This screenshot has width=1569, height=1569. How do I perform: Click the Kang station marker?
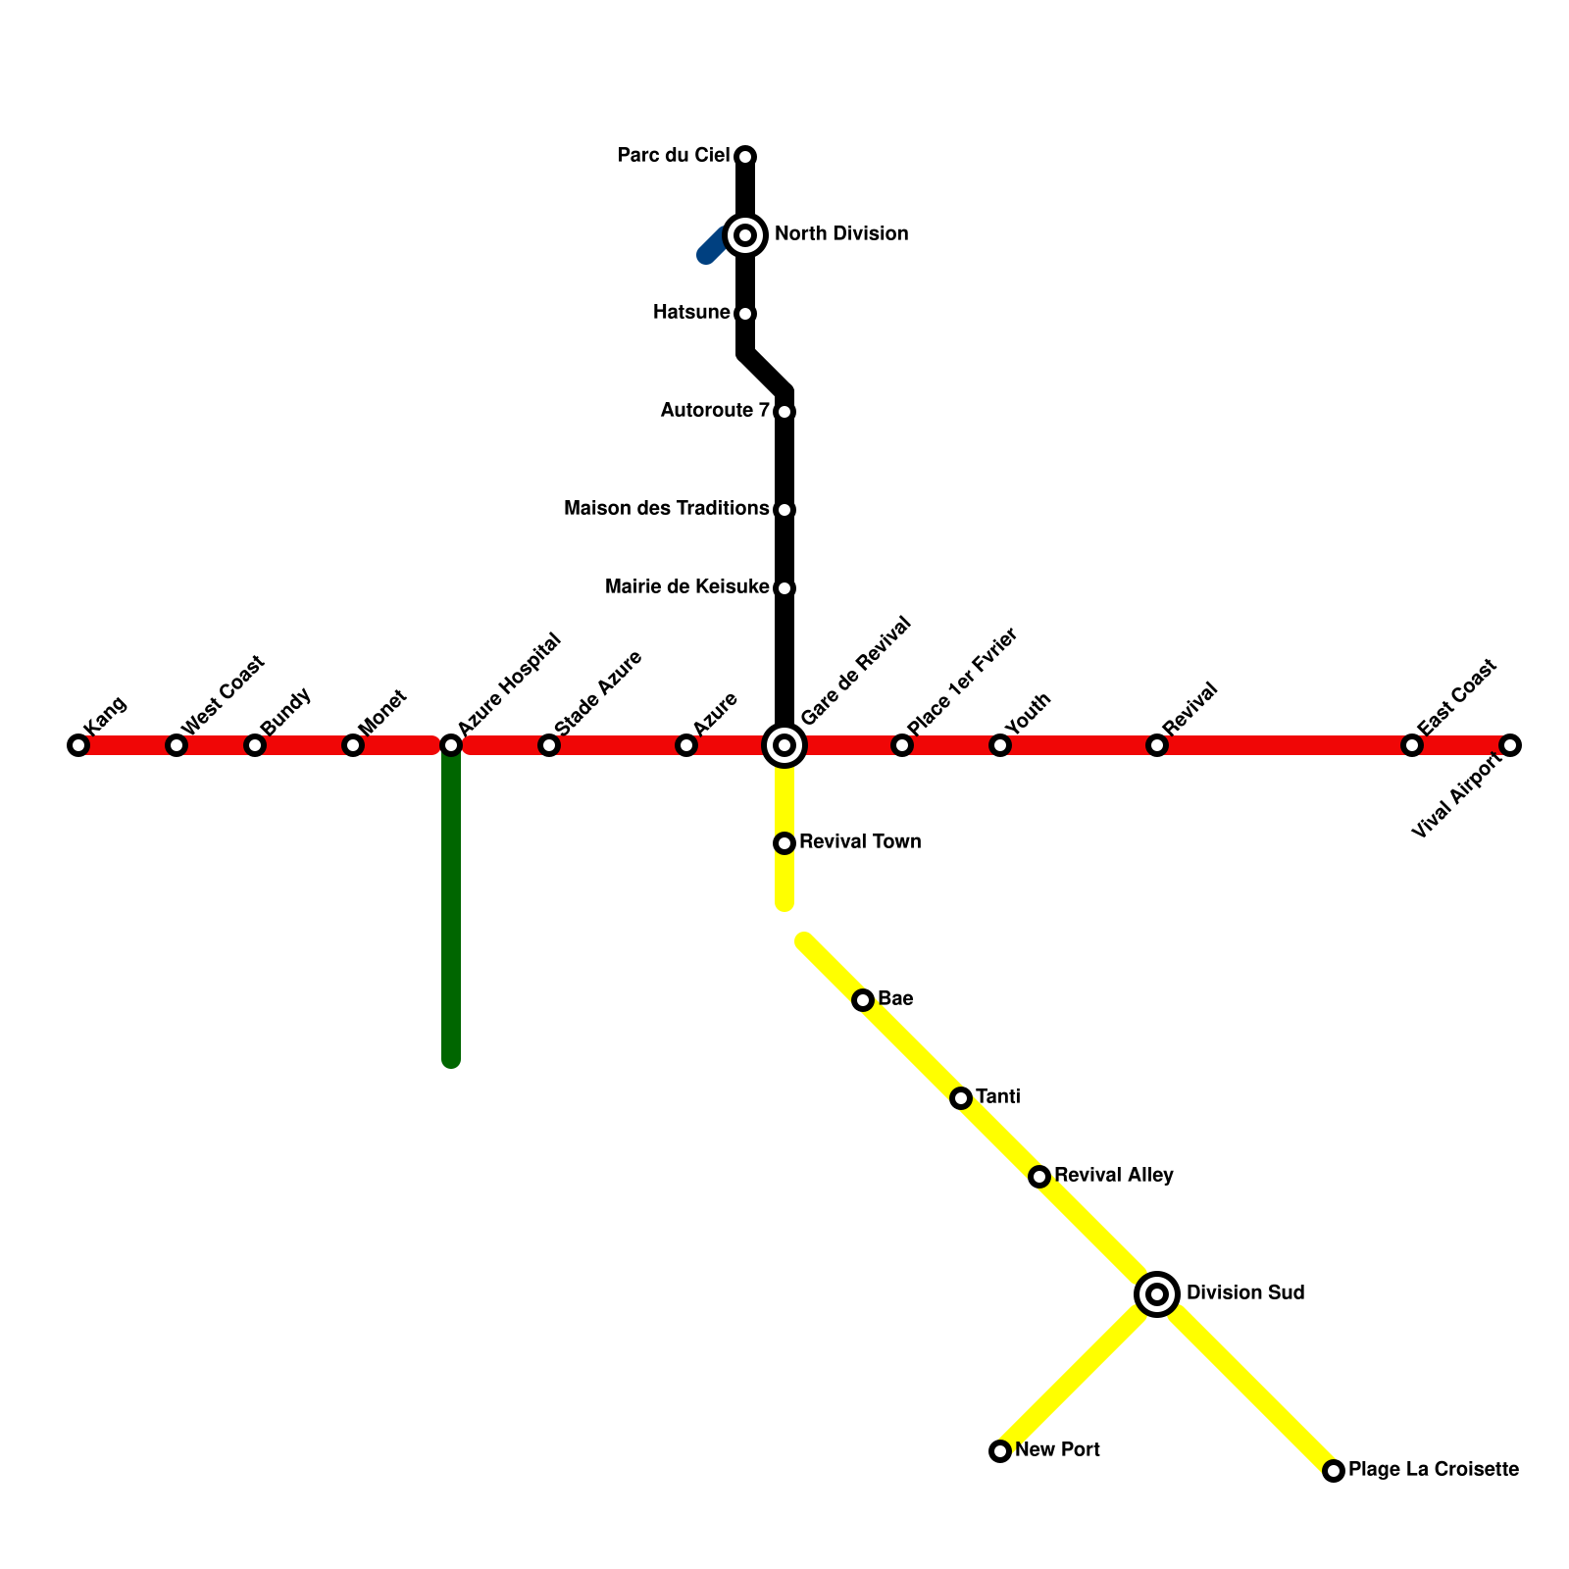click(x=78, y=745)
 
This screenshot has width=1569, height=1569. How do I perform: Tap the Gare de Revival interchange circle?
click(x=784, y=745)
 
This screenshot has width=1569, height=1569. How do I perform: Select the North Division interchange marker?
click(x=745, y=235)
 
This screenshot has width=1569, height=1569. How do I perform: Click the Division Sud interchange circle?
click(x=1157, y=1294)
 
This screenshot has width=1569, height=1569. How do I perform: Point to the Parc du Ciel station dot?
click(x=745, y=157)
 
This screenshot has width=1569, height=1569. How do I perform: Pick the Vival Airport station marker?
click(x=1510, y=745)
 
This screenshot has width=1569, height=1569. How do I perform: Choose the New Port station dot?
click(x=1000, y=1451)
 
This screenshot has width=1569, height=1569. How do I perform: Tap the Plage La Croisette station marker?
click(x=1334, y=1471)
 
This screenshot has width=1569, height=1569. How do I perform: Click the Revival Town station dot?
click(x=784, y=843)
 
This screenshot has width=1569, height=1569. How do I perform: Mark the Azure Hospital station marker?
click(x=451, y=745)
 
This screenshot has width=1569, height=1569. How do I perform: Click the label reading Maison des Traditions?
click(x=666, y=509)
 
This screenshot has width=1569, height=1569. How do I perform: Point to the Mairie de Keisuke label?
click(x=686, y=587)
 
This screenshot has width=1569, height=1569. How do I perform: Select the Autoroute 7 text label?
click(x=715, y=411)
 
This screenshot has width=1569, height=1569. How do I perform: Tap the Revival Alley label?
click(x=1114, y=1176)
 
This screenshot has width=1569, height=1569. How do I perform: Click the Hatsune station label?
click(x=691, y=313)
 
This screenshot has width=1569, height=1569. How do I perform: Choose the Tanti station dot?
click(x=961, y=1098)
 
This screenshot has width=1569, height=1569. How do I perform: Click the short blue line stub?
click(x=712, y=248)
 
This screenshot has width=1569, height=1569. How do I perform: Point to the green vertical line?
click(x=451, y=912)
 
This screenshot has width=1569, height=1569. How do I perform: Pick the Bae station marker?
click(x=863, y=1000)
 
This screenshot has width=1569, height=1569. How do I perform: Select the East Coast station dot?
click(x=1412, y=745)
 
